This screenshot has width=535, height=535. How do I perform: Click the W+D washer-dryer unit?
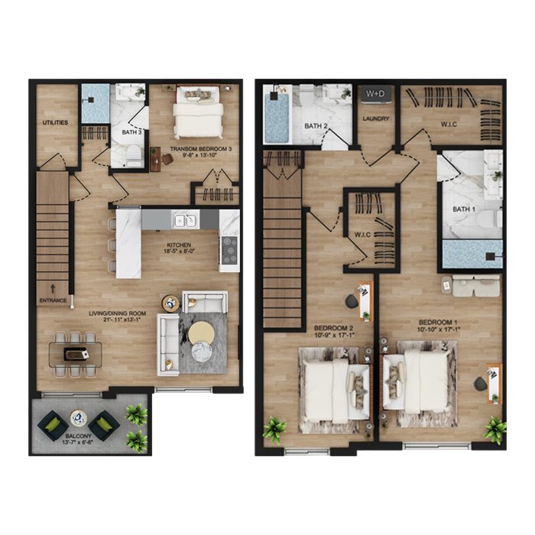376,94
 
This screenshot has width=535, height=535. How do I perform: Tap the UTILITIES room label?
55,122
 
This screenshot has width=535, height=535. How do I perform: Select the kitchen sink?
186,220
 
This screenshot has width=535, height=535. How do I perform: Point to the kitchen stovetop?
229,250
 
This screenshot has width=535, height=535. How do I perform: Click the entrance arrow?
53,289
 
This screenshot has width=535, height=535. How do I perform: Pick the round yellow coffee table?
202,333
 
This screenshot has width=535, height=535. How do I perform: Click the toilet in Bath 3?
134,154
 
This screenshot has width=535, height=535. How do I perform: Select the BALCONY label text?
79,436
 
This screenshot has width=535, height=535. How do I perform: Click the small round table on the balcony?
79,418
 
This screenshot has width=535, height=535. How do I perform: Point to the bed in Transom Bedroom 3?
198,112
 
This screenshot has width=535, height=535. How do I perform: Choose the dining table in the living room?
76,355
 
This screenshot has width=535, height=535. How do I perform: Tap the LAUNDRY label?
376,118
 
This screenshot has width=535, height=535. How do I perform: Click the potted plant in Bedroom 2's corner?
274,429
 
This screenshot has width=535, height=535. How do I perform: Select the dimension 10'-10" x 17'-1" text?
439,329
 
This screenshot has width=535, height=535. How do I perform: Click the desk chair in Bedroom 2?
352,300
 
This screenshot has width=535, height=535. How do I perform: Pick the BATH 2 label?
316,126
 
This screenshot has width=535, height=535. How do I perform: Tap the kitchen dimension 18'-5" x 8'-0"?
179,251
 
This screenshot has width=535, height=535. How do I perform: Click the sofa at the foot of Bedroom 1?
476,286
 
